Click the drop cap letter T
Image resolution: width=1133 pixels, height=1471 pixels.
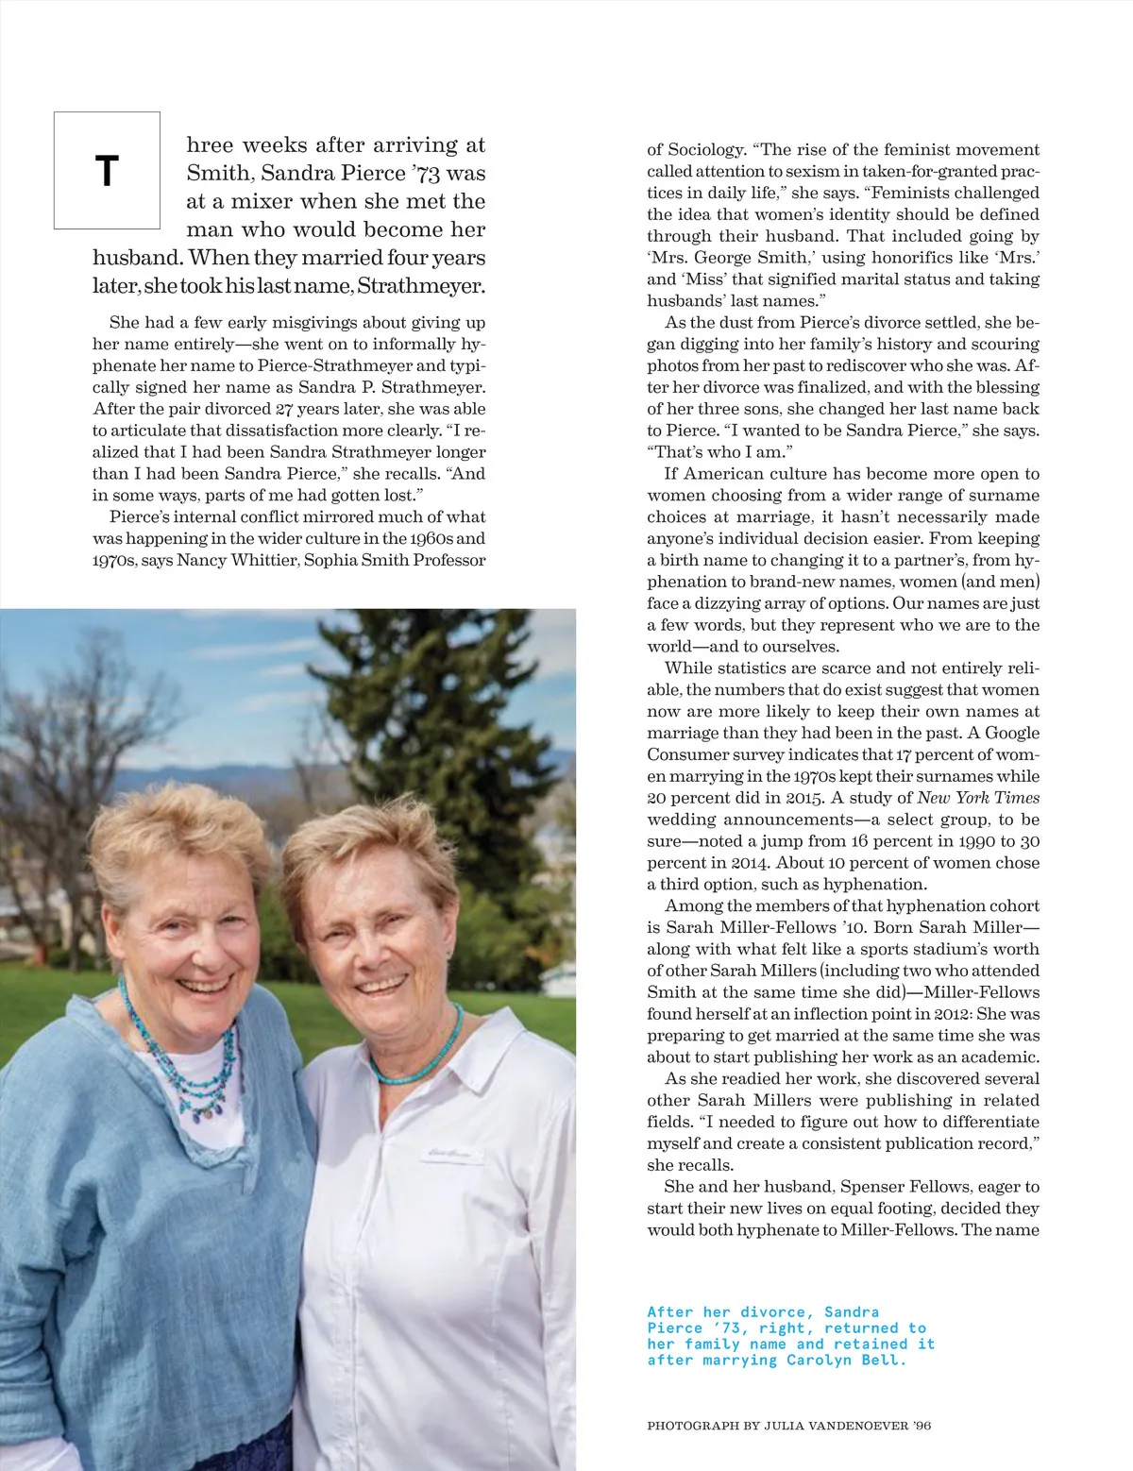coord(107,171)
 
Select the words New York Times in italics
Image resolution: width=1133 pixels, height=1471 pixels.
coord(978,798)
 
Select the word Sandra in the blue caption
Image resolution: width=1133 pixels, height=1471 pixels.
coord(851,1312)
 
